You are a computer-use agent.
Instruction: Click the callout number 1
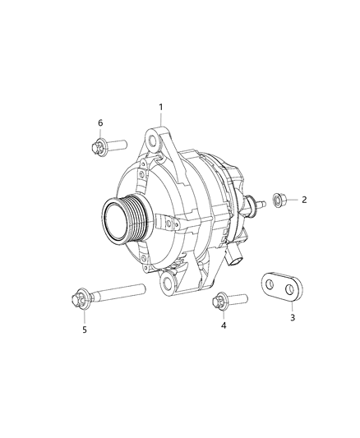coord(161,107)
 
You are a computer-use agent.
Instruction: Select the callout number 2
coord(303,200)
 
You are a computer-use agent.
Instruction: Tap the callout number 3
coord(292,316)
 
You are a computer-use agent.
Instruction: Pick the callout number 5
coord(83,330)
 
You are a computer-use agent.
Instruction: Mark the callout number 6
coord(100,123)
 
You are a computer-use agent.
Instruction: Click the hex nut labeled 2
coord(277,200)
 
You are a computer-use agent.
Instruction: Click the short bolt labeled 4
coord(230,302)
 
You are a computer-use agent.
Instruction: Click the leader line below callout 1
coord(161,119)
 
